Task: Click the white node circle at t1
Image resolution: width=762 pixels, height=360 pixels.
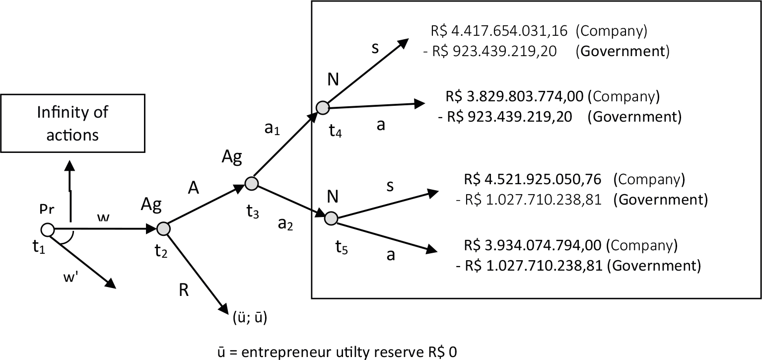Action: pos(48,230)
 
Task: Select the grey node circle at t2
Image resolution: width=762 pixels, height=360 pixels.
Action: pos(163,228)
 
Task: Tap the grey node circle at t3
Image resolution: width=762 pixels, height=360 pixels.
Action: pos(252,183)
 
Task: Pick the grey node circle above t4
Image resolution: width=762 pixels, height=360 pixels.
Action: pos(323,108)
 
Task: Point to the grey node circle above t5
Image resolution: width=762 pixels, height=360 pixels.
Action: pos(331,218)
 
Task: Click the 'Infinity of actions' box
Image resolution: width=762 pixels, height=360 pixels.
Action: pos(73,123)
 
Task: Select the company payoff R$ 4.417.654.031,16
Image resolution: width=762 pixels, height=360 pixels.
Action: pos(499,31)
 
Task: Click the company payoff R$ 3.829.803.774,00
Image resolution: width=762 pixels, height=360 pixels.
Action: pos(514,97)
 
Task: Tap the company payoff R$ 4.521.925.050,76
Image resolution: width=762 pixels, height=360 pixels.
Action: pos(533,179)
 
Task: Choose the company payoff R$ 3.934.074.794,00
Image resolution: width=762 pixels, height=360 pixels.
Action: pos(533,245)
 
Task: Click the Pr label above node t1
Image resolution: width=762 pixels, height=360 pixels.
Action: pos(47,209)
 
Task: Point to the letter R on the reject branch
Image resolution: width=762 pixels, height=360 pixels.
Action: pos(184,290)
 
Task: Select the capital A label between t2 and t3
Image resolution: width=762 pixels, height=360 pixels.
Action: pos(193,188)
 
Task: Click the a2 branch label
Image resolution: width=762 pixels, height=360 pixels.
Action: pos(285,224)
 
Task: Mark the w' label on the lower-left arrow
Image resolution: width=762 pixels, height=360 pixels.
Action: pos(71,278)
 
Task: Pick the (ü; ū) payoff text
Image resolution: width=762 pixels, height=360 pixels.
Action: pos(250,317)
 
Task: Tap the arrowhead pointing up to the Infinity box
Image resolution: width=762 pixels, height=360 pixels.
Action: pos(70,166)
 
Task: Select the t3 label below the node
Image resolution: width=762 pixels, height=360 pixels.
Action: pos(253,212)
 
